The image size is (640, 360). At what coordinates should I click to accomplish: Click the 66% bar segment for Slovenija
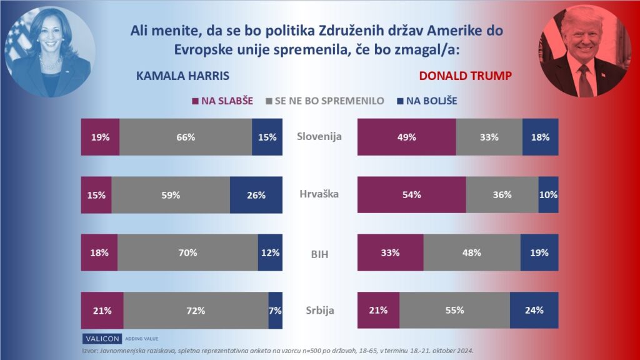186,137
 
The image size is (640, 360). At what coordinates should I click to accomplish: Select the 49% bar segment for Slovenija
406,137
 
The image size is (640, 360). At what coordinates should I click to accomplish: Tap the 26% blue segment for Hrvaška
256,195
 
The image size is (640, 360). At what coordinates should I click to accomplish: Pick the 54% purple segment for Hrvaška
411,195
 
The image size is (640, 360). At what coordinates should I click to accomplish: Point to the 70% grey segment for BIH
187,253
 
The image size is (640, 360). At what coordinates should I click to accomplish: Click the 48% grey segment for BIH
472,253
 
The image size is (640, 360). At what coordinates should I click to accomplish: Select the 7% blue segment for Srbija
275,311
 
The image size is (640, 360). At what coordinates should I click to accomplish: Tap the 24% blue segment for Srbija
534,311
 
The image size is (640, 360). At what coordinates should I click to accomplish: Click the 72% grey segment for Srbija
196,311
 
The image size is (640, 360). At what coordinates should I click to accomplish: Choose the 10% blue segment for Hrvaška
548,195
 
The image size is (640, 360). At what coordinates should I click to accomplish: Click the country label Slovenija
319,137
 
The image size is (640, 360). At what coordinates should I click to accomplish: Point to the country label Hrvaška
319,194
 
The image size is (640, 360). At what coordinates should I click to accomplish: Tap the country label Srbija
319,311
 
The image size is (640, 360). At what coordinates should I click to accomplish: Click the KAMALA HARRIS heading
182,76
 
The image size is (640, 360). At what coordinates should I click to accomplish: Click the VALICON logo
102,338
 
